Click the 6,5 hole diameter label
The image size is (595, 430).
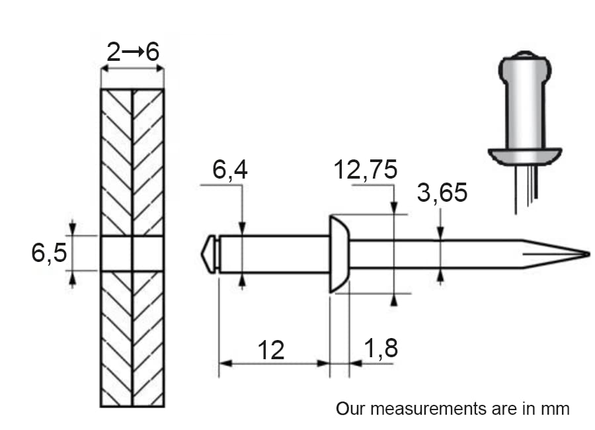coord(49,253)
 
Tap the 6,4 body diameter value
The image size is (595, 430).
coord(230,169)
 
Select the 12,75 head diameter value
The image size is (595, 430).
coord(366,169)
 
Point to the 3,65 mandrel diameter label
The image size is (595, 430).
coord(442,193)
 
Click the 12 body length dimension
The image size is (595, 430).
coord(271,350)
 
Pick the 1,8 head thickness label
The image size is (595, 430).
coord(381,348)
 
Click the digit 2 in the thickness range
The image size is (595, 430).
coord(114,52)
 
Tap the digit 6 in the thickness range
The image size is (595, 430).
coord(153,52)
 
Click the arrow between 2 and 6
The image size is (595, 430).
coord(133,51)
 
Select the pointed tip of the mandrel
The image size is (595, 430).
coord(588,254)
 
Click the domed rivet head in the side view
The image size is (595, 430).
coord(339,254)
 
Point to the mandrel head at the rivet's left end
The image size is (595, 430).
coord(208,254)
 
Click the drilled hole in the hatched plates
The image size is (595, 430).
coord(132,253)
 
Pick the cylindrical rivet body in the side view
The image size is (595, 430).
coord(274,254)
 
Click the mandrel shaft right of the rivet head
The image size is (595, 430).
coord(436,254)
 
